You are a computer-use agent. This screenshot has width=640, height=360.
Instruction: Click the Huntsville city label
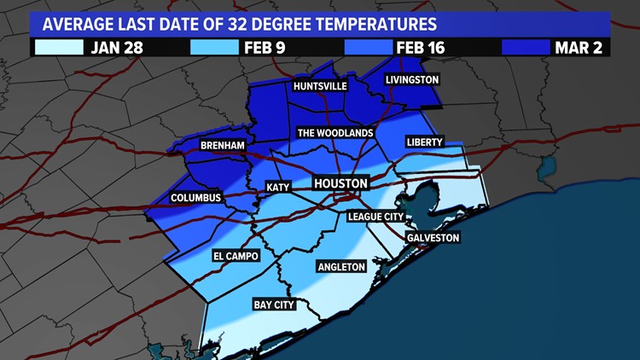[x=321, y=87]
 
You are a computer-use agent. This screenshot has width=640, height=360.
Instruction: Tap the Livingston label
[x=411, y=79]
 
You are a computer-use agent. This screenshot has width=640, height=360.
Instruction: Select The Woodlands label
[x=335, y=133]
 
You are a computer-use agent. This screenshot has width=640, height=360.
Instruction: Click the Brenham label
[x=222, y=146]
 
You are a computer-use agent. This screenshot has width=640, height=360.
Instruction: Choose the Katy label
[x=278, y=187]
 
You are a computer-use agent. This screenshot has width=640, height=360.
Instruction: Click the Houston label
[x=340, y=183]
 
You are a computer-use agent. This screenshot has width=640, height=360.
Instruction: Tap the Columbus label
[x=195, y=198]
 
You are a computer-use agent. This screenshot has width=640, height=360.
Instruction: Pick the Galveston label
[x=433, y=237]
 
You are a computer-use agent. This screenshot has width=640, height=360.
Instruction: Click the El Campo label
[x=235, y=256]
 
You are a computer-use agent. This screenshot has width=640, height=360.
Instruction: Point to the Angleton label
[x=340, y=267]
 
